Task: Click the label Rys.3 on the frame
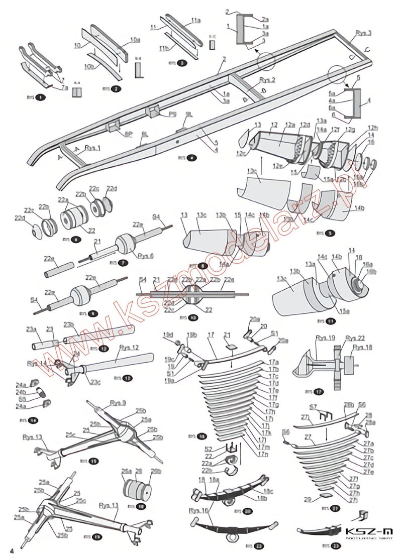point(363,33)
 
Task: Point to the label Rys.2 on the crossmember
point(267,80)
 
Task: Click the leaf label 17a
point(273,362)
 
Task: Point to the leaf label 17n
point(261,454)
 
